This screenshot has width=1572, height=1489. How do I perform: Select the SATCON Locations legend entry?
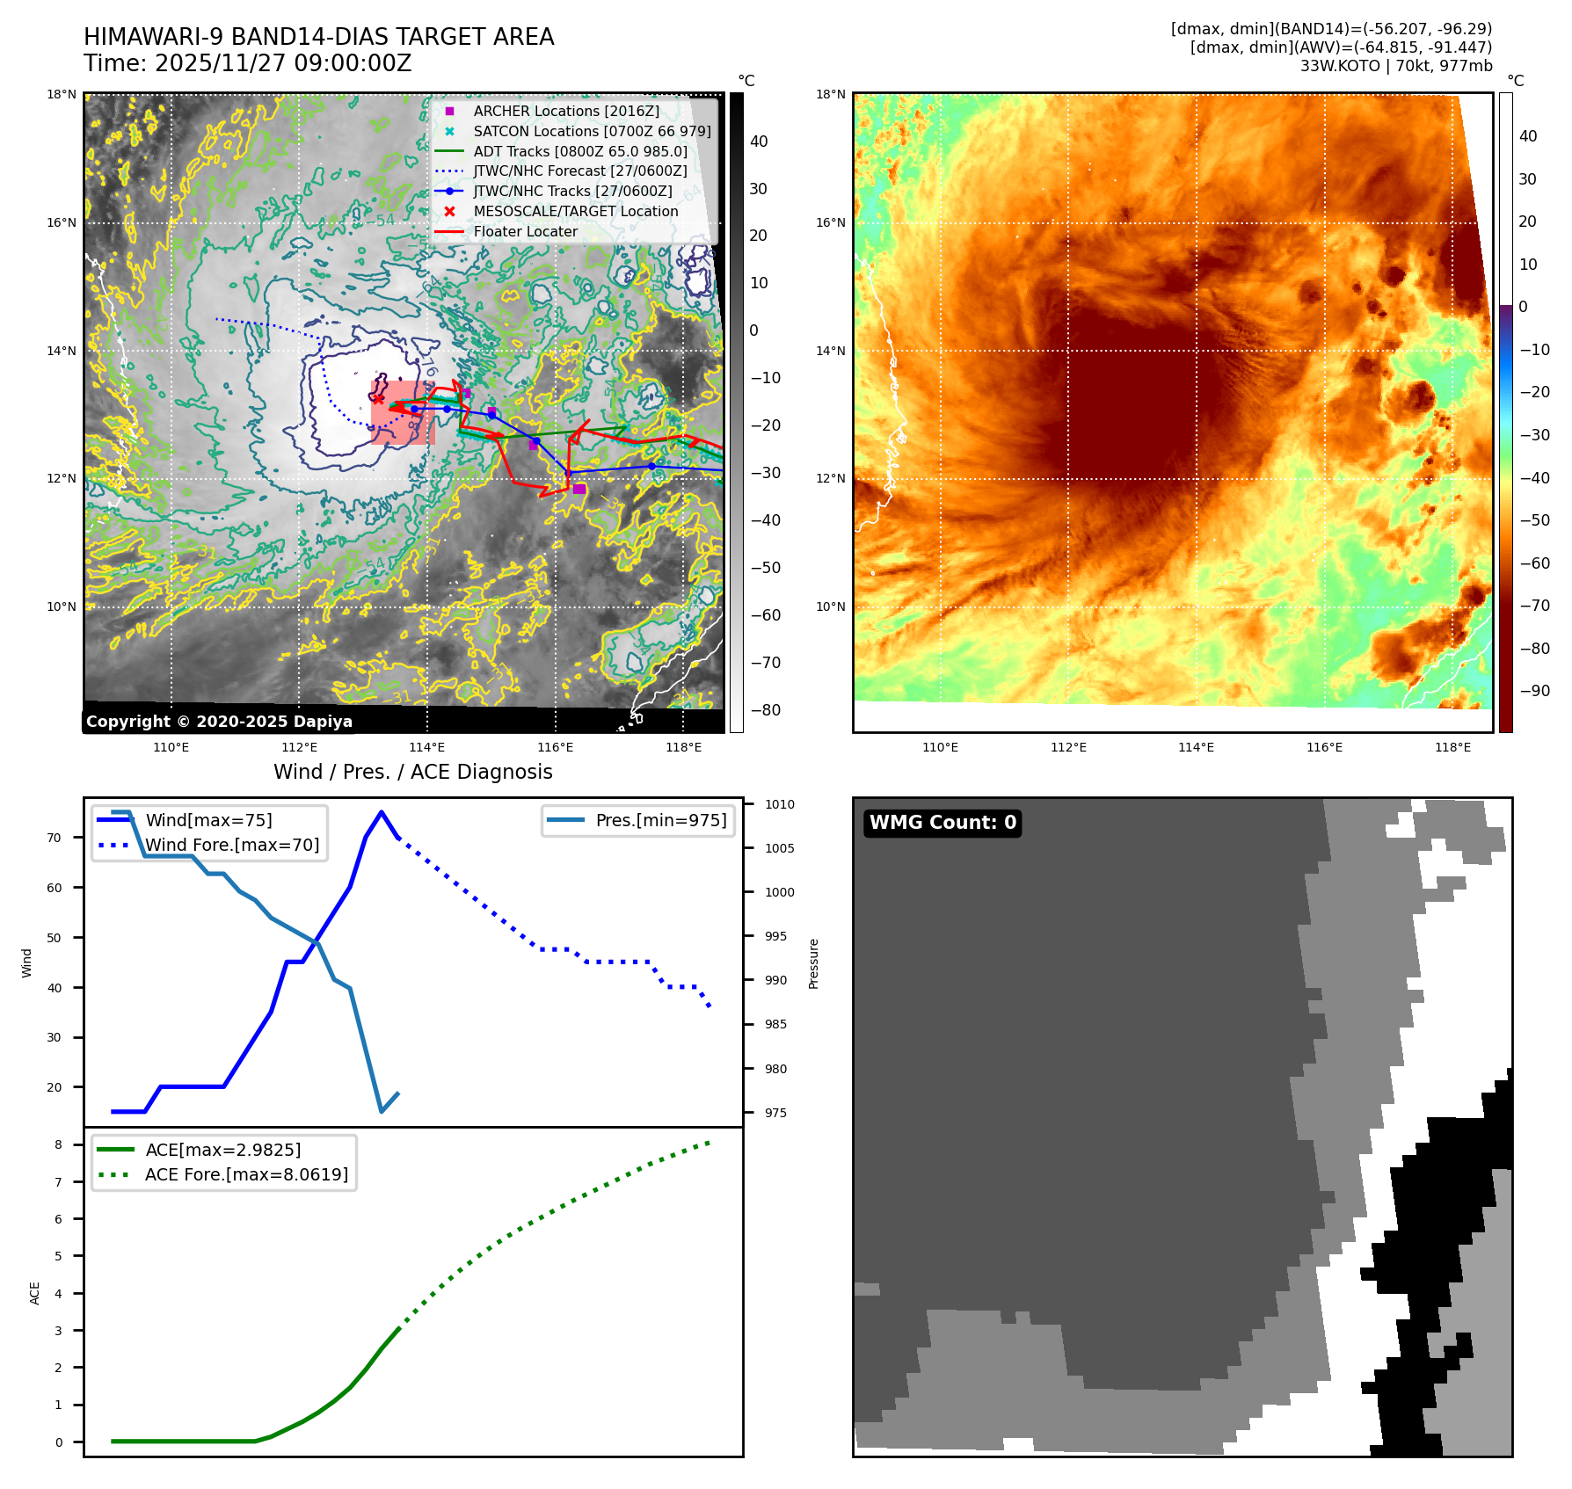click(x=592, y=131)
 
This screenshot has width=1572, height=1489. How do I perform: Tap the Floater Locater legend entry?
click(x=525, y=231)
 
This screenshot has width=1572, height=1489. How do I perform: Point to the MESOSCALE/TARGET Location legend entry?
click(x=575, y=211)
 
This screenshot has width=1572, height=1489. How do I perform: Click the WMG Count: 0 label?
click(x=942, y=823)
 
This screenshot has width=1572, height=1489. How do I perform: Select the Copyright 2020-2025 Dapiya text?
click(x=219, y=722)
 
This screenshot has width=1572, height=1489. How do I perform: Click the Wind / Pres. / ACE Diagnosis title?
click(x=413, y=772)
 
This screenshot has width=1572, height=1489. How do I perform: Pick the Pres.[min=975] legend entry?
click(x=660, y=820)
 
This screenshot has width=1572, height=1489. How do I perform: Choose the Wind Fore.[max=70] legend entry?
click(x=232, y=845)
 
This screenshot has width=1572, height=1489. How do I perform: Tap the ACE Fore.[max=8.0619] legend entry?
click(x=246, y=1174)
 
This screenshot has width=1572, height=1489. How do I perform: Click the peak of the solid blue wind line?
click(x=381, y=812)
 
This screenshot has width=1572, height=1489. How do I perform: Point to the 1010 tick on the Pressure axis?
click(x=779, y=804)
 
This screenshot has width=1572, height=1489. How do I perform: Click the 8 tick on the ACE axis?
click(x=59, y=1144)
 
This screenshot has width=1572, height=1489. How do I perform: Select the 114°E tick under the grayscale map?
click(x=427, y=747)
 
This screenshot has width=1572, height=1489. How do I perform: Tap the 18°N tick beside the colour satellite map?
click(x=831, y=94)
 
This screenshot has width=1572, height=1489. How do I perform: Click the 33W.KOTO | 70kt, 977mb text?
click(x=1396, y=65)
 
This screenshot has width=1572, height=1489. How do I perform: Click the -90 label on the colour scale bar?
click(x=1534, y=691)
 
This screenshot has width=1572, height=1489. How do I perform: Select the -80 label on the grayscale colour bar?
click(x=765, y=710)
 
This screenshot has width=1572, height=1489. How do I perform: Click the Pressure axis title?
click(x=813, y=964)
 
